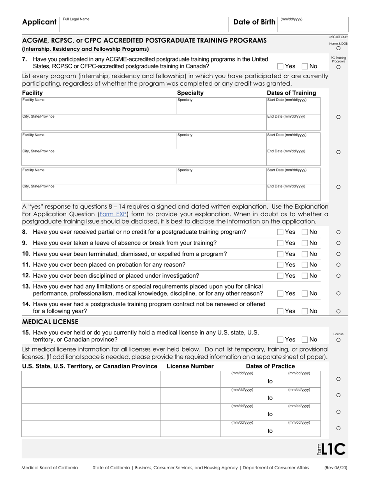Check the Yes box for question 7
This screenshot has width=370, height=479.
point(280,66)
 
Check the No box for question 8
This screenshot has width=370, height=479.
point(305,232)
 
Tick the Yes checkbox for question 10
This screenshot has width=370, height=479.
point(280,254)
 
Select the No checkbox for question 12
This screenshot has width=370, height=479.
point(305,276)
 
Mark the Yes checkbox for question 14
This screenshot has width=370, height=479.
point(280,311)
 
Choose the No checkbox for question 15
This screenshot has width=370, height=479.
point(305,340)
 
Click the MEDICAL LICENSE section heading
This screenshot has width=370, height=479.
point(50,322)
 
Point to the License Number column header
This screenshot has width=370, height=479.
point(190,366)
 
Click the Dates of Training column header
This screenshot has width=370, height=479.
point(291,93)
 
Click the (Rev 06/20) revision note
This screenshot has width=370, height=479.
point(336,468)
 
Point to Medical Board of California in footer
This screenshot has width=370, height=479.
point(49,468)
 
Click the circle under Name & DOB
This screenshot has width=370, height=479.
point(338,49)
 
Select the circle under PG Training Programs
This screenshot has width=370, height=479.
point(338,67)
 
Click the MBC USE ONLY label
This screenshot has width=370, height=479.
point(338,37)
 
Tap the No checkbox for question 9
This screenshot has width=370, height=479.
point(305,243)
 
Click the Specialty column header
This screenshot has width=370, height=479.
point(190,93)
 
